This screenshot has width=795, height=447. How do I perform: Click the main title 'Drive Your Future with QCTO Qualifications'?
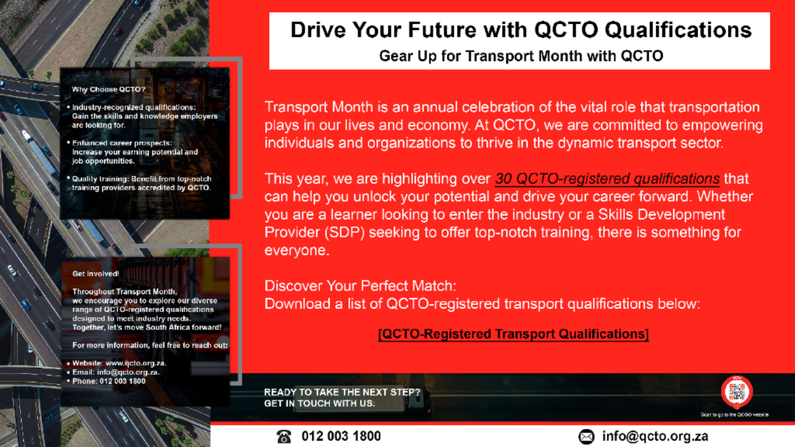tap(521, 30)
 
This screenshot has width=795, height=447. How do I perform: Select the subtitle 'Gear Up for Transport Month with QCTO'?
tap(521, 56)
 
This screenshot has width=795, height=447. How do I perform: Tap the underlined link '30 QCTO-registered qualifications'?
tap(607, 179)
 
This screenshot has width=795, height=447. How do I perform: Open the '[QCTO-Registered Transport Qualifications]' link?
tap(513, 334)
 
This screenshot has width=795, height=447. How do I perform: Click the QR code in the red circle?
tap(737, 392)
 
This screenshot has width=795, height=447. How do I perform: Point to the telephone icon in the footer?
tap(284, 437)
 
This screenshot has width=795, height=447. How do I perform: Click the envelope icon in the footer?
tap(586, 437)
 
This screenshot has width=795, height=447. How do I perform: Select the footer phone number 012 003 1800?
tap(341, 436)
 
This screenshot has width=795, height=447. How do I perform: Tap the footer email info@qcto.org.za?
tap(655, 437)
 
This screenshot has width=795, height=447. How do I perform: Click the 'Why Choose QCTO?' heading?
tap(108, 90)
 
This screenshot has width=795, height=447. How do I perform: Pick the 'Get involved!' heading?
tap(96, 274)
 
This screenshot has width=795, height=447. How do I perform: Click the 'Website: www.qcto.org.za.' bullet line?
tap(119, 363)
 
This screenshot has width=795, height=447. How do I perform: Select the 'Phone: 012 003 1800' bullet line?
tap(109, 381)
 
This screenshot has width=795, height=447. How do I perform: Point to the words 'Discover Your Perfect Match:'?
tap(361, 286)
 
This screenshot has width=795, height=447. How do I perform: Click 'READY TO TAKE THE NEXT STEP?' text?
tap(342, 392)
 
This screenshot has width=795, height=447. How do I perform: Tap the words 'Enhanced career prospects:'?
tap(122, 143)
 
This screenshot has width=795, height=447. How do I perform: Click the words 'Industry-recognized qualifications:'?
tap(134, 107)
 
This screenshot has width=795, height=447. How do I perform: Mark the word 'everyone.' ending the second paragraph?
tap(297, 250)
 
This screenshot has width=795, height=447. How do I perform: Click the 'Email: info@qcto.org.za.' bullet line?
tap(116, 372)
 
